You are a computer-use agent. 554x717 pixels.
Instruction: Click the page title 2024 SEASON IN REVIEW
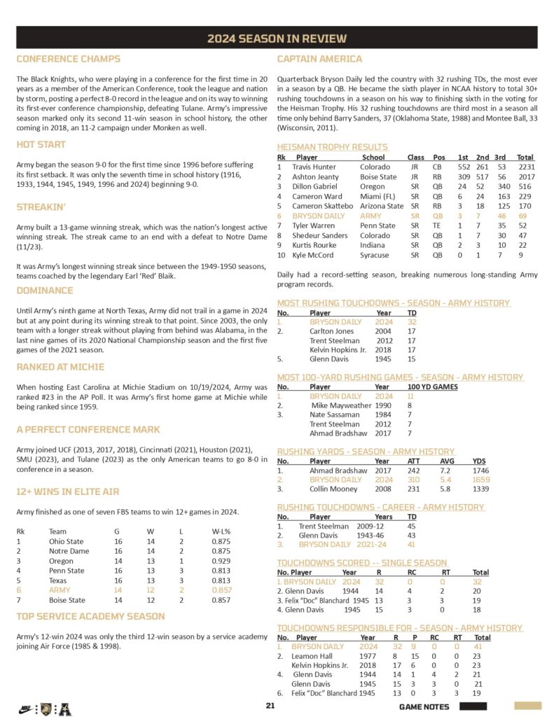coord(277,39)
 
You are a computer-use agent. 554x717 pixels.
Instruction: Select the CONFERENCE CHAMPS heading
coord(68,60)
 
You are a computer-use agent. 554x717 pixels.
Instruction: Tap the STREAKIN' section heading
coord(41,207)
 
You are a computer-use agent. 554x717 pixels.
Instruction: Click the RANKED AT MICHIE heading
coord(60,367)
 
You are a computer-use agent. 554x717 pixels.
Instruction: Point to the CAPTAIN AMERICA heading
coord(319,60)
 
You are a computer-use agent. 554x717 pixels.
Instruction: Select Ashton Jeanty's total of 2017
coord(525,177)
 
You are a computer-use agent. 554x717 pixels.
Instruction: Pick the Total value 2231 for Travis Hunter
coord(525,167)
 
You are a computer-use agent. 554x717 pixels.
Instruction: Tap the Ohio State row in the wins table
coord(66,541)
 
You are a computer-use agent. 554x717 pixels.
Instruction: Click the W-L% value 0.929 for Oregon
coord(221,561)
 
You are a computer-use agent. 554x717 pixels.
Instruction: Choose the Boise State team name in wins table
coord(67,600)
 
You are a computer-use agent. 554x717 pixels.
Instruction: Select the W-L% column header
coord(222,531)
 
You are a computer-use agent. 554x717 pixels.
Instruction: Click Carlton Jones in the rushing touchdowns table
coord(332,331)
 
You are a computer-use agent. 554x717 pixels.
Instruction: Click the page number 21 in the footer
coord(270,706)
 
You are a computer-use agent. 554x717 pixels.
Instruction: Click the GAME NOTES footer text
coord(424,706)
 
